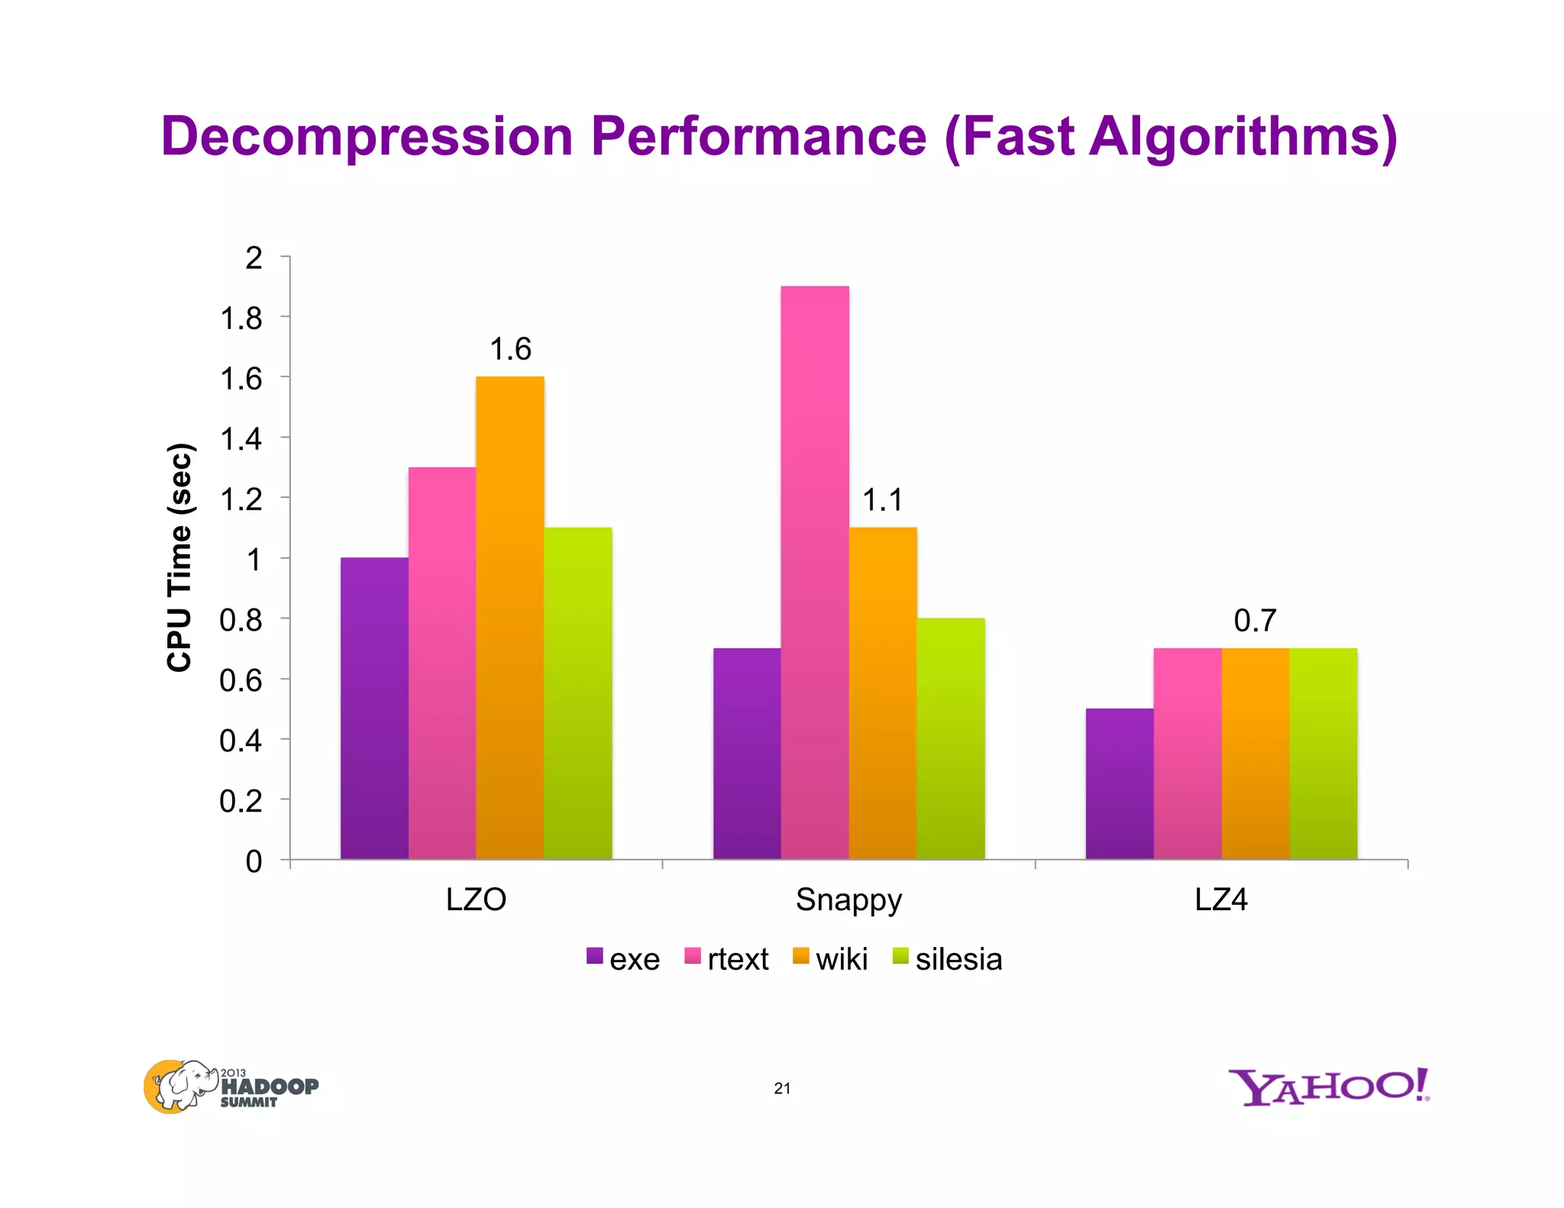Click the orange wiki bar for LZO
tap(510, 619)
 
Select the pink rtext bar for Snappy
tap(815, 573)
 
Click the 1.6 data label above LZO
tap(510, 350)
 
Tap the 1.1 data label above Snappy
tap(883, 501)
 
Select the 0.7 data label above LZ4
tap(1255, 621)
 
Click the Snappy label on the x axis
tap(848, 900)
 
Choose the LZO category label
tap(476, 900)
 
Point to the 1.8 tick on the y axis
tap(241, 318)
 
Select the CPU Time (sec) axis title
tap(179, 557)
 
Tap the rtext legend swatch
tap(693, 956)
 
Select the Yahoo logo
tap(1328, 1087)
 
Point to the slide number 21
tap(782, 1088)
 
